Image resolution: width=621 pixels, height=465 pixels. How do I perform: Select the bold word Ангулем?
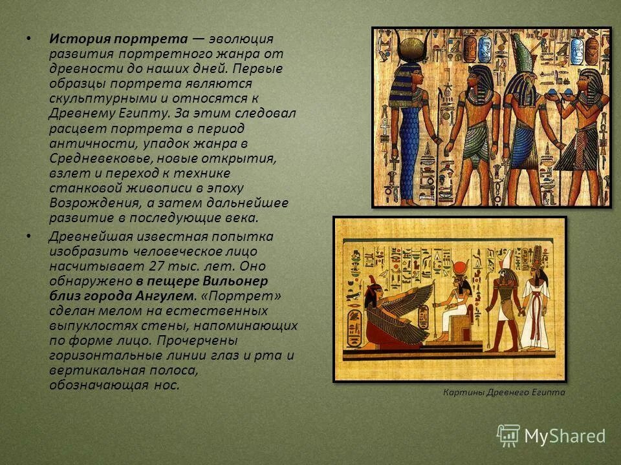tap(166, 296)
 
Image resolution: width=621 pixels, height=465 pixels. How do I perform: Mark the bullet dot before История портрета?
tap(27, 38)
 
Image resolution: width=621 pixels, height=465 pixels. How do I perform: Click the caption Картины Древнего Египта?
tap(504, 392)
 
